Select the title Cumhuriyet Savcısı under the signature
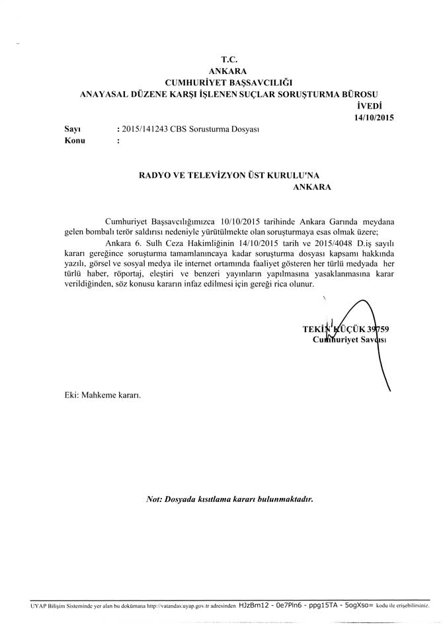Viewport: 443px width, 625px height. pos(349,339)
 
